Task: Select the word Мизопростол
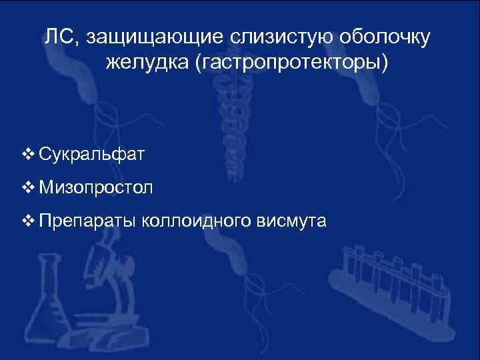point(96,187)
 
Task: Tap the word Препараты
point(87,221)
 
